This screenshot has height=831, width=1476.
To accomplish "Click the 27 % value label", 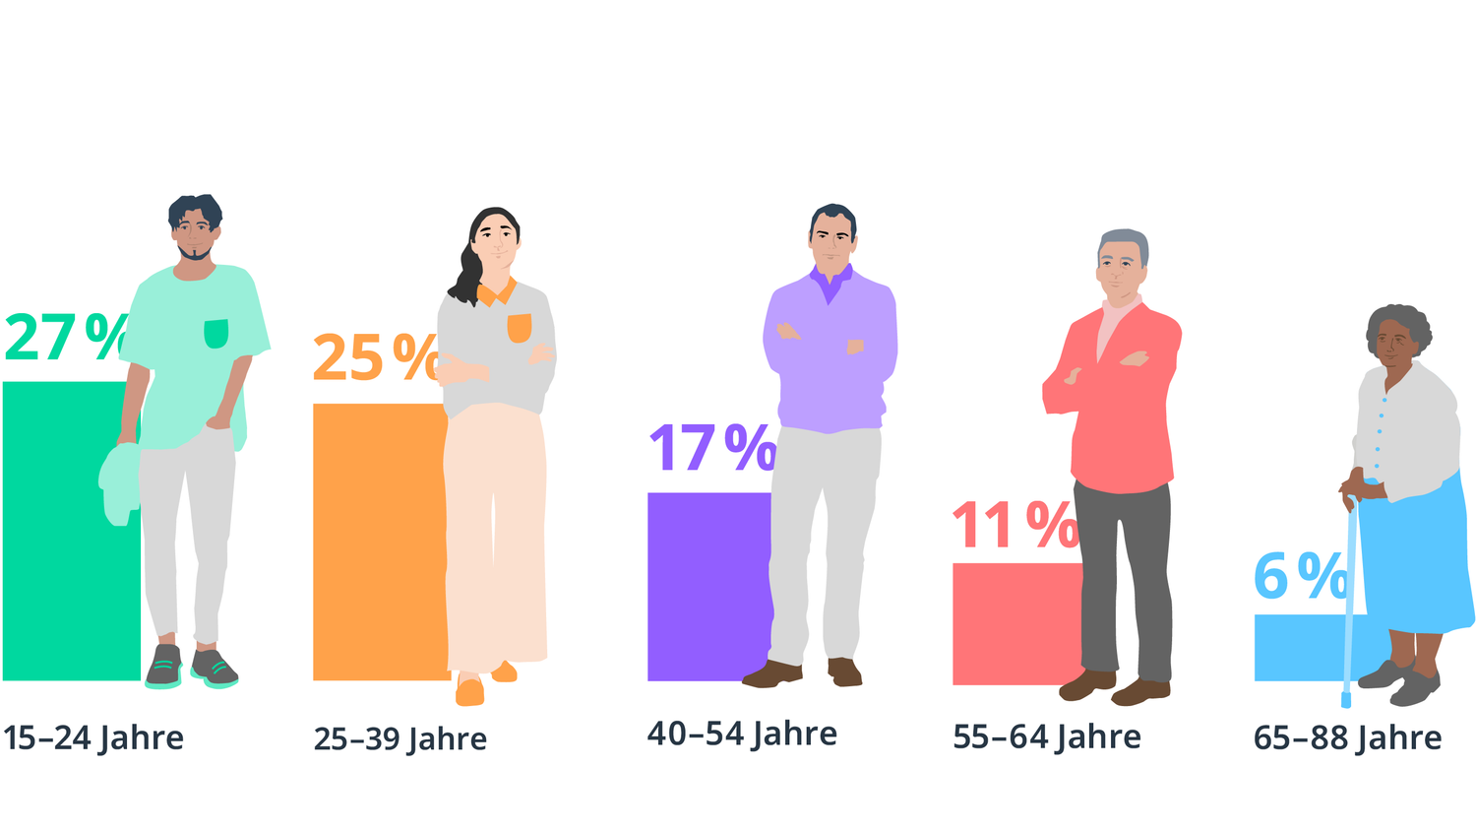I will pyautogui.click(x=65, y=338).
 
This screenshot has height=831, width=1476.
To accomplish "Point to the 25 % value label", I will pyautogui.click(x=375, y=357).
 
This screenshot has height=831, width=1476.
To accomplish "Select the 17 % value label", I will pyautogui.click(x=711, y=448).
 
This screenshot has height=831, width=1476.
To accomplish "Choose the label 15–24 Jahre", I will pyautogui.click(x=93, y=738).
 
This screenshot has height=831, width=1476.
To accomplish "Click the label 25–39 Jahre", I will pyautogui.click(x=400, y=739).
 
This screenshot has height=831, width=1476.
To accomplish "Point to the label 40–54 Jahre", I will pyautogui.click(x=742, y=735).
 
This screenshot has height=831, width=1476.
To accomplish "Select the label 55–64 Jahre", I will pyautogui.click(x=1046, y=737).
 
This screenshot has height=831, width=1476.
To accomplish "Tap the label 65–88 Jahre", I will pyautogui.click(x=1347, y=738).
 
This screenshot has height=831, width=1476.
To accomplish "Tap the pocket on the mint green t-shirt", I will pyautogui.click(x=215, y=334).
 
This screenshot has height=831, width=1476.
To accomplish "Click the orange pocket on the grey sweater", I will pyautogui.click(x=519, y=328).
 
